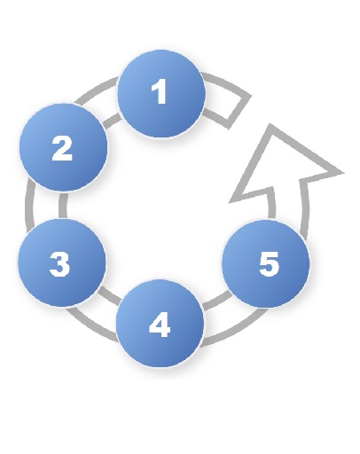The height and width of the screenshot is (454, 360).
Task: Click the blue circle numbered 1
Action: click(161, 94)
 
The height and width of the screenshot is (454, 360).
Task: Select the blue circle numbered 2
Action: click(63, 147)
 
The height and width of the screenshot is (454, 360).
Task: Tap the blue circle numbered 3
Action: click(61, 262)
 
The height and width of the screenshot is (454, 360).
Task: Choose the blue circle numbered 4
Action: click(160, 324)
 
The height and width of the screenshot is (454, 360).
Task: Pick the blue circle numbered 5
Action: click(266, 263)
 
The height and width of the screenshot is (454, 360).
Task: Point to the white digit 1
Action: click(159, 91)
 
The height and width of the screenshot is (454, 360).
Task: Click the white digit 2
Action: click(62, 148)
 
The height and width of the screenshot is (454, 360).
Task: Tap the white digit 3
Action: click(59, 264)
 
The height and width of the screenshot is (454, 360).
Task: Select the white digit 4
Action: click(160, 325)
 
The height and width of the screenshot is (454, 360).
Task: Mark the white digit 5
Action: click(269, 264)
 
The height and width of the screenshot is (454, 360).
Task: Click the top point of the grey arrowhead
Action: click(270, 125)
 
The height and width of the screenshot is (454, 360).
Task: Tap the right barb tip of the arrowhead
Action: click(344, 173)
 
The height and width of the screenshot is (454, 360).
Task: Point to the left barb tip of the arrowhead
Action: click(230, 203)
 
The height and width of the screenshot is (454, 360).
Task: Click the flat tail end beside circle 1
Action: click(239, 113)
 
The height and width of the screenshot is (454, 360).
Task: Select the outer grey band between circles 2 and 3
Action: click(28, 206)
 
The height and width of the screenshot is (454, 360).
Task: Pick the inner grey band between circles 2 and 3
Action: click(63, 206)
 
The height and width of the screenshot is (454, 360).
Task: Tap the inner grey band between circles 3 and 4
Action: click(109, 295)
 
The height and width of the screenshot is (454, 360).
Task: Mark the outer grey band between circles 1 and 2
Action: click(96, 90)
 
